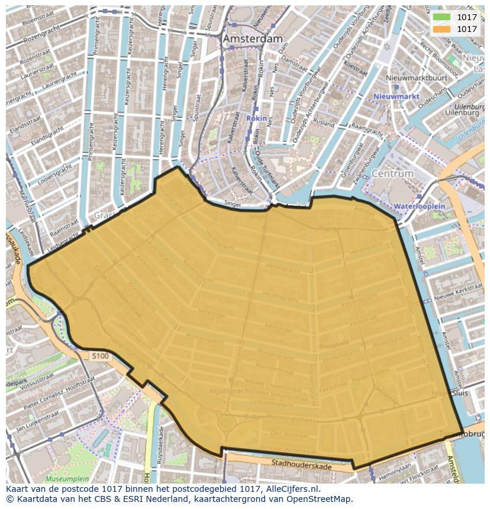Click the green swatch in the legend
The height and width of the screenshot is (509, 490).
point(441,18)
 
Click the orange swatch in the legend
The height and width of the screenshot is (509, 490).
point(441,29)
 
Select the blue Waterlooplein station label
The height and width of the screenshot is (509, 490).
point(419,206)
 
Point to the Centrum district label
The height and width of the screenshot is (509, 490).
point(392,174)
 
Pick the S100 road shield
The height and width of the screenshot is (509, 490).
point(101,356)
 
